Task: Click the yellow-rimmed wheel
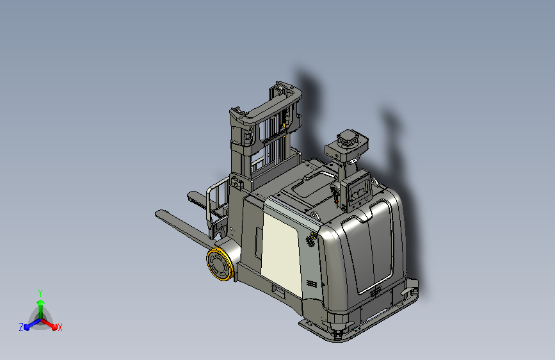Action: [220, 264]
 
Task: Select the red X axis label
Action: [60, 327]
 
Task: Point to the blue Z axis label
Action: [21, 327]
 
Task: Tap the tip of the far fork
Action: [189, 194]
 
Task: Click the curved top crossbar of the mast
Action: [269, 104]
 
